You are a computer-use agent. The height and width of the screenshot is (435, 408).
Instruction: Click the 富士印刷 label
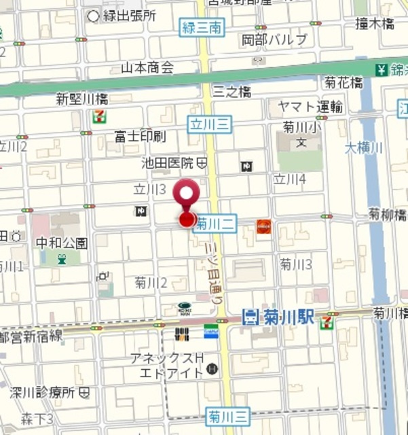(141, 137)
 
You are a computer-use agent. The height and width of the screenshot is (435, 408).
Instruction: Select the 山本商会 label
(147, 67)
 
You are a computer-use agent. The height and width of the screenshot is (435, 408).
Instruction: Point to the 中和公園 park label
(62, 243)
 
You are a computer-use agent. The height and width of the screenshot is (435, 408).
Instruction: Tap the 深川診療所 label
(43, 393)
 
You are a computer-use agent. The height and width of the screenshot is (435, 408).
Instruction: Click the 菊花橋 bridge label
(343, 82)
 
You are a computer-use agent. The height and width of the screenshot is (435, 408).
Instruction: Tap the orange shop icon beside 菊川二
(263, 226)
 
